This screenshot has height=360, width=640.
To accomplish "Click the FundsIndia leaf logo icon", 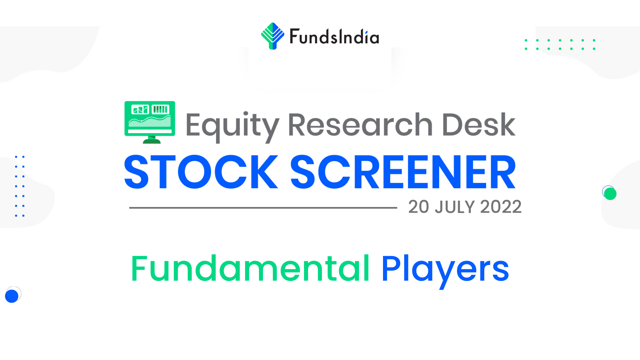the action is click(273, 36).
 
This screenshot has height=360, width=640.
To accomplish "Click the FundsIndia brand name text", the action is click(334, 36).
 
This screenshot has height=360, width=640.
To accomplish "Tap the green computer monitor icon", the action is click(150, 122).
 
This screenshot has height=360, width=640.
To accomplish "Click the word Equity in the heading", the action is click(232, 127).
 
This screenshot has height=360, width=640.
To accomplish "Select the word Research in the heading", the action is click(360, 125).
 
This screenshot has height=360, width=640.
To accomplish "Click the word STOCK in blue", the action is click(201, 172).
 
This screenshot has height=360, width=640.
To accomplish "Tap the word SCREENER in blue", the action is click(403, 172).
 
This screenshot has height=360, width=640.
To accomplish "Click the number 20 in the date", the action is click(419, 207).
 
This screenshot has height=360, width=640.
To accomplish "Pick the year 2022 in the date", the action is click(501, 207).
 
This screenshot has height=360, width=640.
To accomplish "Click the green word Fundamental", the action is click(250, 269).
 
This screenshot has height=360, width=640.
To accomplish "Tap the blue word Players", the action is click(445, 271).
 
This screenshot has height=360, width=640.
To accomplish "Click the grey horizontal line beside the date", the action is click(263, 208).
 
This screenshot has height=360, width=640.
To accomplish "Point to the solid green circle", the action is click(610, 194).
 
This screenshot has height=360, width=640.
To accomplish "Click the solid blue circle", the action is click(12, 296).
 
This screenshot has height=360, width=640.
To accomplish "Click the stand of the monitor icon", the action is click(152, 140).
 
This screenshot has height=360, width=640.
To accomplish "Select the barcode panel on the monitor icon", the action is click(160, 109).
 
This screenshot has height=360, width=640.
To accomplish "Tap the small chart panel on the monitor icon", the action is click(140, 109).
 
